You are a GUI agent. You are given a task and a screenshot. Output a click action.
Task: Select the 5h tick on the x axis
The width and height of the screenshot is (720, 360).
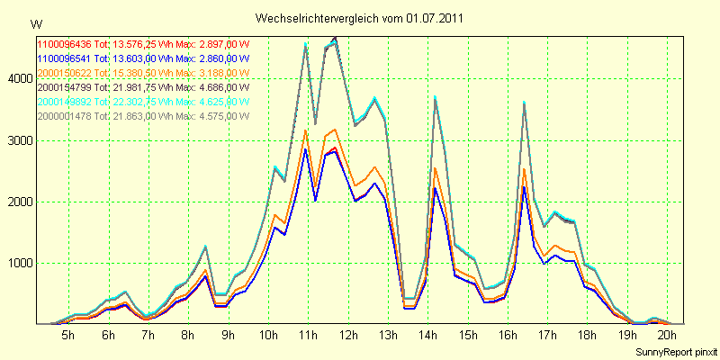coord(67,335)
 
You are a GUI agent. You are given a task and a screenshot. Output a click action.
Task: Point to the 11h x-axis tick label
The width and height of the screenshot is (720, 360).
coord(308,335)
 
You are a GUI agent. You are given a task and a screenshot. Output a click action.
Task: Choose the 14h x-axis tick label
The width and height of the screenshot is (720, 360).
coord(427,335)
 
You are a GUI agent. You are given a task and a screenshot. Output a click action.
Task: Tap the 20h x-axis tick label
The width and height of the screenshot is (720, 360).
coord(667,335)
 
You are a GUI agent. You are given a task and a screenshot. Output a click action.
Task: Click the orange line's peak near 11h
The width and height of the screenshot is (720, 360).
coord(305,130)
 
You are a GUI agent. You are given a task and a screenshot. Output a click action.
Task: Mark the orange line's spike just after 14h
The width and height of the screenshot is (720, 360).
coord(435,168)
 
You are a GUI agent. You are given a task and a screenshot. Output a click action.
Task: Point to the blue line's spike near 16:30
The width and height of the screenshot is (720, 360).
coord(524,187)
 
